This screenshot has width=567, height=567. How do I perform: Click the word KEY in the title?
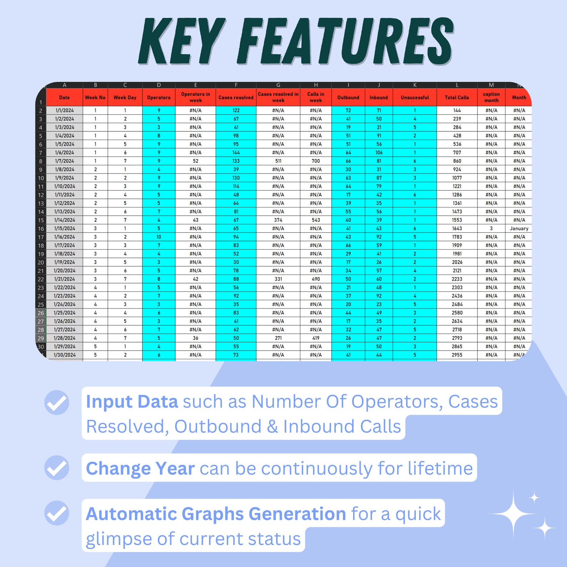click(182, 40)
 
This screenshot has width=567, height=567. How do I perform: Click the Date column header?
click(64, 97)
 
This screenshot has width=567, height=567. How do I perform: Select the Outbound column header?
click(348, 97)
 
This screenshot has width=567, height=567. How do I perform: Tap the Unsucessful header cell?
click(415, 97)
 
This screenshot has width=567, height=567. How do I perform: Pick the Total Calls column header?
click(457, 97)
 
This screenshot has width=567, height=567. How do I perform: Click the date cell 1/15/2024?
click(65, 229)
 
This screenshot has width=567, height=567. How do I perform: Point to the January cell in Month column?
click(519, 229)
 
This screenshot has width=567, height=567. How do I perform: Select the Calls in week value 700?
click(316, 161)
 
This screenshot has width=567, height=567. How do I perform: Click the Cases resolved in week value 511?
click(278, 161)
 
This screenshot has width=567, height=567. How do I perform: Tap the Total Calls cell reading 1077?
click(457, 178)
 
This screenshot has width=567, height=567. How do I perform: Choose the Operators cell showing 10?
click(159, 237)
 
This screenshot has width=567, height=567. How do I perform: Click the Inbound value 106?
click(379, 152)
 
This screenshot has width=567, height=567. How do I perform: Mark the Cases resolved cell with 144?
click(236, 152)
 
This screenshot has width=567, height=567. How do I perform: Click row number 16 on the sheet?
click(41, 229)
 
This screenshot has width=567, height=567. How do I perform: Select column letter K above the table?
click(415, 85)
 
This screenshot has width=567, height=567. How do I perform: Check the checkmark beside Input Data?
click(57, 402)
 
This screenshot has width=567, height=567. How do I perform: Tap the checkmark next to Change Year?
click(57, 468)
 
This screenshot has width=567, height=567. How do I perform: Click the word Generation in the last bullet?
click(297, 514)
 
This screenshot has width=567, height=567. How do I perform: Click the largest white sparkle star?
click(513, 514)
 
